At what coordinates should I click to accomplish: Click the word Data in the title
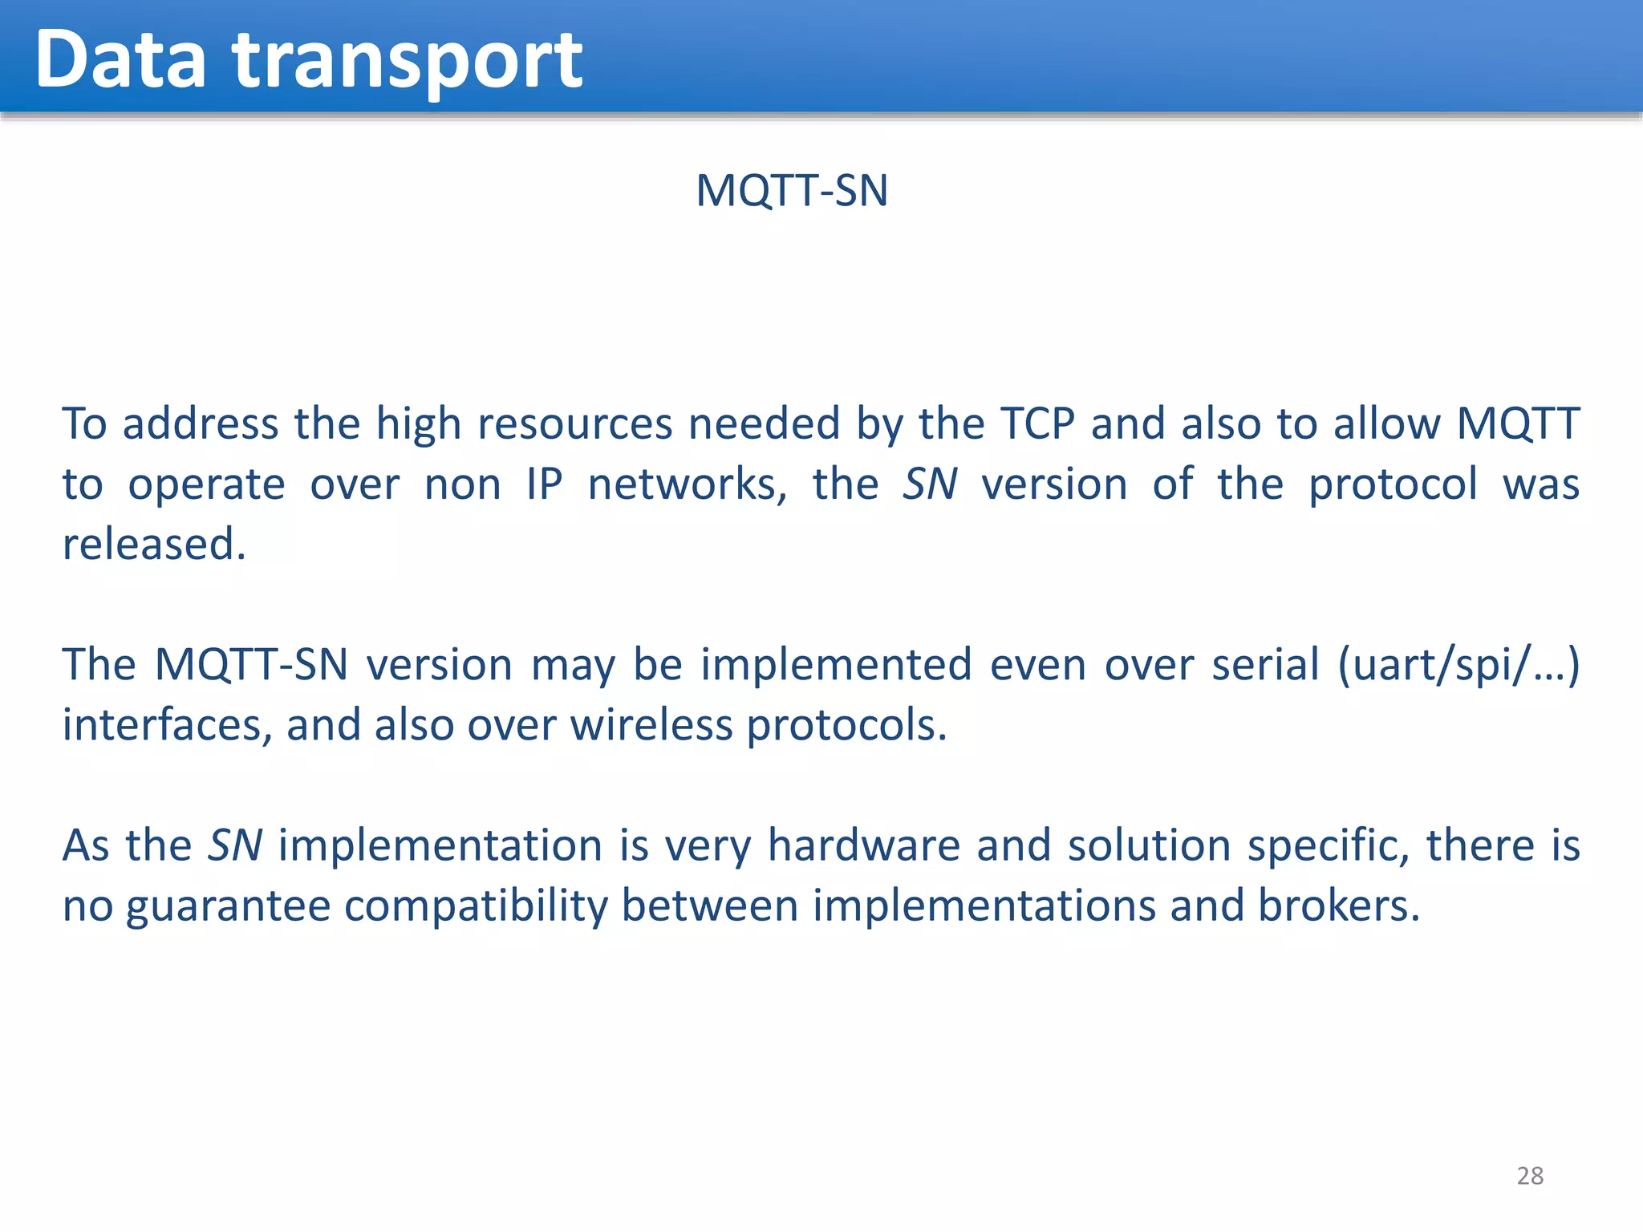120,59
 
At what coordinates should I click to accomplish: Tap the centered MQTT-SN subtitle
791,191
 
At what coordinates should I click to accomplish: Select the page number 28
1530,1175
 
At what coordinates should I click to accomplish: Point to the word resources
574,423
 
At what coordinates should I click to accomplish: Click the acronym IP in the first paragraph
544,484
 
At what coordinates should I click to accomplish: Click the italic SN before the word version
930,484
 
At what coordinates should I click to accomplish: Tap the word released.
154,544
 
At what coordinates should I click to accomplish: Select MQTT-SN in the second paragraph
251,664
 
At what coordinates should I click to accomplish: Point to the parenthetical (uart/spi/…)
1458,666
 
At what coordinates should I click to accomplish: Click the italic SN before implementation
234,845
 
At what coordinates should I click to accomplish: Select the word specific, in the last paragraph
1328,846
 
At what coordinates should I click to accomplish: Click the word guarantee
229,906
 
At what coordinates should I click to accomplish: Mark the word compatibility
476,906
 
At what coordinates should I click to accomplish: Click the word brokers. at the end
1338,905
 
